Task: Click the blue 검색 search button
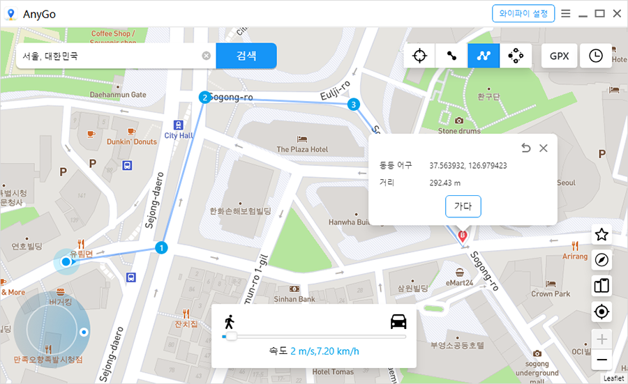point(246,56)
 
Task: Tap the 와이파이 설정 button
point(523,13)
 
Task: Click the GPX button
point(559,56)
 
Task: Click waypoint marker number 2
point(204,98)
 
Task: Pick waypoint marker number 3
point(354,105)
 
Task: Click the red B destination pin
point(462,236)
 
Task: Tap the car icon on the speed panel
point(398,322)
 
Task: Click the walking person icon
point(229,322)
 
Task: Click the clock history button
point(596,56)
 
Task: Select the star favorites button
point(601,235)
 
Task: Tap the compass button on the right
point(601,260)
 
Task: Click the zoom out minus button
point(601,360)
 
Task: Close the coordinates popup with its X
point(544,148)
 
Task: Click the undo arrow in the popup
point(526,148)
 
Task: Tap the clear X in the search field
point(207,56)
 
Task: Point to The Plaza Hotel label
point(302,149)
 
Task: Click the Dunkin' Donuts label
point(132,141)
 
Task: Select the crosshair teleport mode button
point(419,56)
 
